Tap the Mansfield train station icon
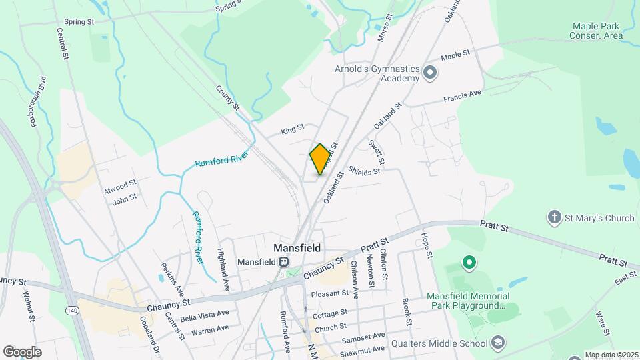[284, 262]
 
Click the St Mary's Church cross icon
[553, 217]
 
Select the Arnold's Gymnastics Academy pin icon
[429, 72]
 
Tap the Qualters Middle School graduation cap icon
[497, 343]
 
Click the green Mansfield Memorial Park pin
[469, 263]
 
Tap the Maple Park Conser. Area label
[597, 30]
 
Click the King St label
[292, 129]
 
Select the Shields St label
[363, 171]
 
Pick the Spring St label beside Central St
[79, 22]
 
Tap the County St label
[227, 97]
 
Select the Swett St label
[376, 153]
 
